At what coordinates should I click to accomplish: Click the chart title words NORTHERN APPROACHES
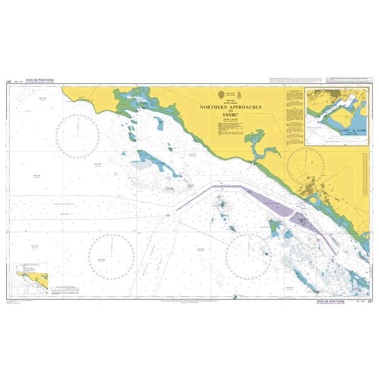tap(234, 107)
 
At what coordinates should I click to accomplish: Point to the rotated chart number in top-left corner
tap(9, 82)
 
